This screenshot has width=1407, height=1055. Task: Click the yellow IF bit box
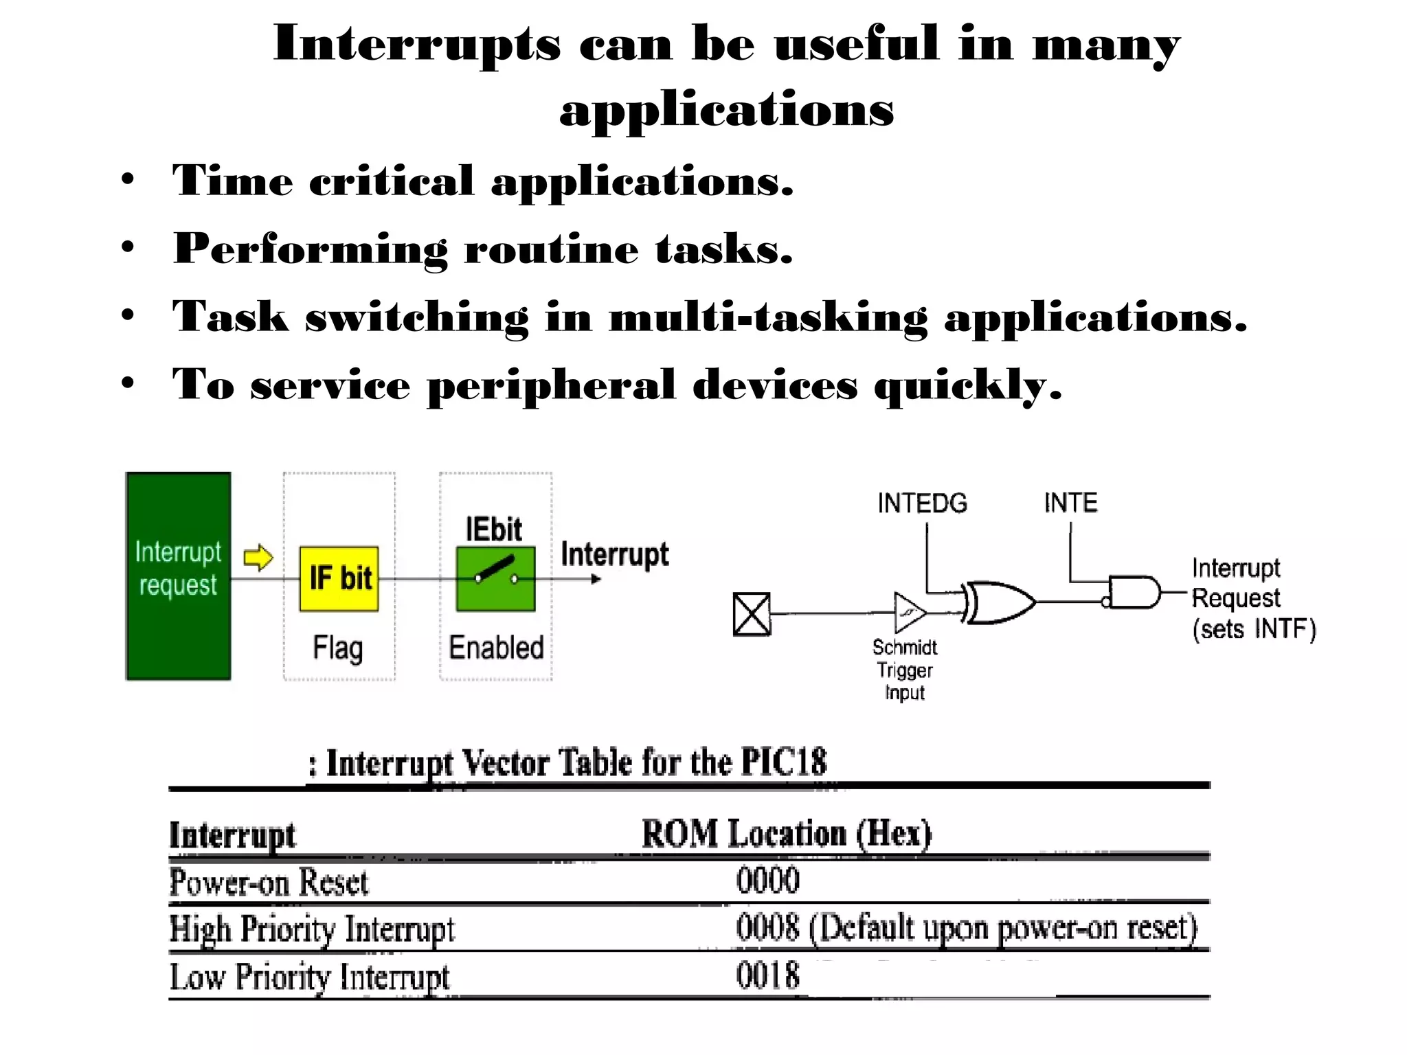pyautogui.click(x=339, y=578)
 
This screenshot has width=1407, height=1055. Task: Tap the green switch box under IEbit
pyautogui.click(x=495, y=578)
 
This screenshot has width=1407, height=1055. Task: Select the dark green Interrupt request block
pyautogui.click(x=178, y=576)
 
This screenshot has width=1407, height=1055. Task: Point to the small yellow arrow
pyautogui.click(x=258, y=557)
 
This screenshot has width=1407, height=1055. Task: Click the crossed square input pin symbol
pyautogui.click(x=752, y=614)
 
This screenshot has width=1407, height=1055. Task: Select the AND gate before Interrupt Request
pyautogui.click(x=1134, y=592)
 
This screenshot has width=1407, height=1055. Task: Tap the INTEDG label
pyautogui.click(x=922, y=503)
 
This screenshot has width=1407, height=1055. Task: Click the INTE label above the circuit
pyautogui.click(x=1070, y=503)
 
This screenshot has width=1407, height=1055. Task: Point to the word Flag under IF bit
pyautogui.click(x=337, y=648)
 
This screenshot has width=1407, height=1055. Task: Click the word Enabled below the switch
pyautogui.click(x=496, y=648)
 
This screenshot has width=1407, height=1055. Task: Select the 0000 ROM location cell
pyautogui.click(x=768, y=881)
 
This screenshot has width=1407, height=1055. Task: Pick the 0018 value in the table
pyautogui.click(x=768, y=975)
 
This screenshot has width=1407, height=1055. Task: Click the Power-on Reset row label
pyautogui.click(x=269, y=883)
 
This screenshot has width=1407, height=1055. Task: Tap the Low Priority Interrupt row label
pyautogui.click(x=309, y=977)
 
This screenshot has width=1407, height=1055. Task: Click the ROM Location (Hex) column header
pyautogui.click(x=787, y=834)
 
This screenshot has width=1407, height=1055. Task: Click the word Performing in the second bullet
pyautogui.click(x=311, y=249)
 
